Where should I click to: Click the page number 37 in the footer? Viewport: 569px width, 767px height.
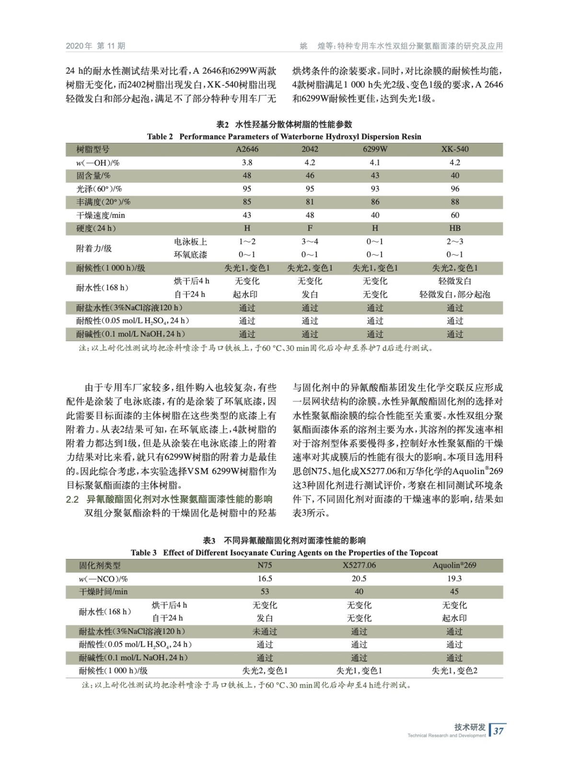pyautogui.click(x=499, y=731)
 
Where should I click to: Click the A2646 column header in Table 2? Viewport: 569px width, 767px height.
pyautogui.click(x=247, y=149)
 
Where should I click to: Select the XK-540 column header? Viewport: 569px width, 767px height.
pyautogui.click(x=454, y=149)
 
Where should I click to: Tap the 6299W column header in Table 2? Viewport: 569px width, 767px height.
pyautogui.click(x=375, y=149)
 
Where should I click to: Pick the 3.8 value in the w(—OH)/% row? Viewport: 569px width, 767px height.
pyautogui.click(x=247, y=163)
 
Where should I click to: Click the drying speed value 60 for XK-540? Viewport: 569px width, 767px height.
pyautogui.click(x=454, y=215)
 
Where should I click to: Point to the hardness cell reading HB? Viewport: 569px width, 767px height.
pyautogui.click(x=454, y=228)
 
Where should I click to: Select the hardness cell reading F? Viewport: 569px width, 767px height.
pyautogui.click(x=310, y=228)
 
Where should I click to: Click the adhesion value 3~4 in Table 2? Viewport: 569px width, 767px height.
pyautogui.click(x=310, y=242)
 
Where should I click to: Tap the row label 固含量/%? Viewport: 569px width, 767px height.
pyautogui.click(x=93, y=176)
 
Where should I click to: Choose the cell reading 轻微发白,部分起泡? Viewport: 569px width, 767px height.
pyautogui.click(x=454, y=294)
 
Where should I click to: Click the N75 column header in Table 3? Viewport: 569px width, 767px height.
pyautogui.click(x=265, y=565)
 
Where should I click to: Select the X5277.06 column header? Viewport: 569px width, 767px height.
pyautogui.click(x=359, y=565)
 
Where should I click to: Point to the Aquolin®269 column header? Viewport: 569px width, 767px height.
pyautogui.click(x=454, y=565)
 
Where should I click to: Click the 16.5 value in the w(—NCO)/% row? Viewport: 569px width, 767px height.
pyautogui.click(x=265, y=579)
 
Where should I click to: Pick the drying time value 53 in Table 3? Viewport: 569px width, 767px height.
pyautogui.click(x=265, y=592)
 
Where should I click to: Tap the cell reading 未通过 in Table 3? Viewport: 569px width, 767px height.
pyautogui.click(x=265, y=631)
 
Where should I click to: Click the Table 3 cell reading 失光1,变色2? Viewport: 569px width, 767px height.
pyautogui.click(x=454, y=671)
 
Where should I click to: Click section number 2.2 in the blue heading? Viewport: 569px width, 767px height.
pyautogui.click(x=72, y=500)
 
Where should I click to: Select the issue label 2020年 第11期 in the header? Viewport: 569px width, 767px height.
pyautogui.click(x=95, y=46)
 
